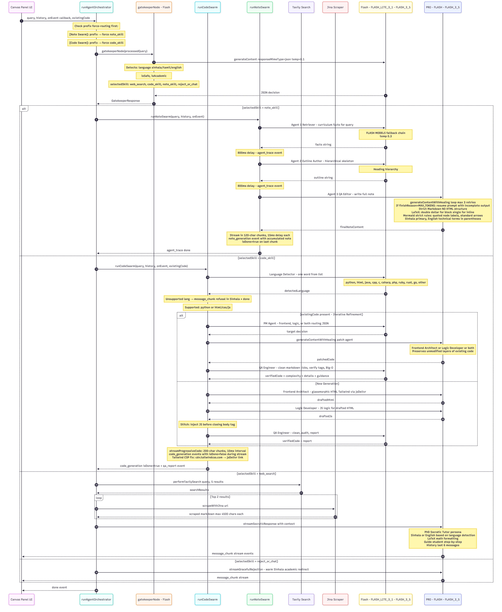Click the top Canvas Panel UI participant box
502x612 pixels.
click(21, 7)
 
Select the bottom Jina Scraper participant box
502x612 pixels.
click(335, 599)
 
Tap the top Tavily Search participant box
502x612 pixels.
click(301, 7)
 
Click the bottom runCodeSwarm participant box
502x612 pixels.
click(207, 599)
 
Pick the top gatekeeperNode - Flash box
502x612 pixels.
click(154, 7)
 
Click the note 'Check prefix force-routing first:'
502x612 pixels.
click(96, 26)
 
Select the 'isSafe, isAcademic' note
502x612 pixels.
click(154, 76)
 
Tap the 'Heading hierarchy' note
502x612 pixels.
click(385, 169)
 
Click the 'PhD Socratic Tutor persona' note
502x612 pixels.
click(443, 538)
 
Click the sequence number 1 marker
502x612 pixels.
click(21, 21)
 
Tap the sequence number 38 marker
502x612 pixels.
click(96, 590)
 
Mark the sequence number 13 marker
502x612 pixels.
click(260, 253)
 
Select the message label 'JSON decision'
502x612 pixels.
click(270, 93)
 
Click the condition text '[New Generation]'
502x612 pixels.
click(327, 384)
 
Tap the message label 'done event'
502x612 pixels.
click(59, 587)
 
